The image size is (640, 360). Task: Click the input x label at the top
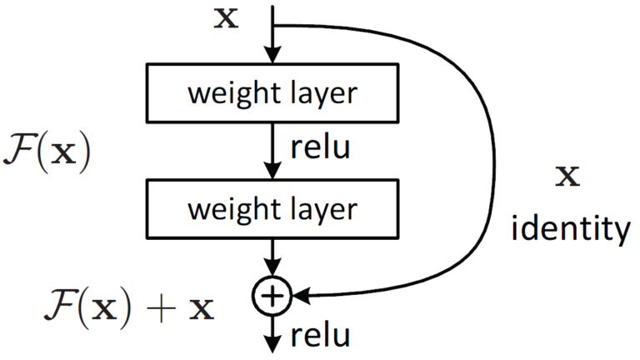point(226,17)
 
